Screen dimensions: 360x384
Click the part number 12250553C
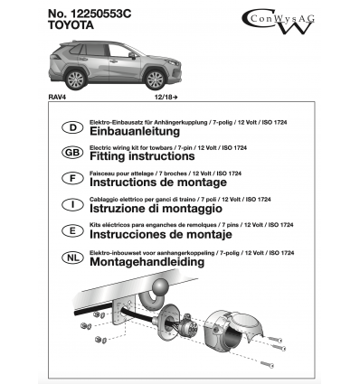click(x=101, y=14)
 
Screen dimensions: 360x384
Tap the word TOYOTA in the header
click(x=71, y=25)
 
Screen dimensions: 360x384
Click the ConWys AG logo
click(x=278, y=21)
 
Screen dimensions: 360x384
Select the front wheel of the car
click(x=156, y=80)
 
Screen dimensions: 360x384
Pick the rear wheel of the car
click(x=76, y=80)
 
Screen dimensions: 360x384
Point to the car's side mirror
click(x=132, y=55)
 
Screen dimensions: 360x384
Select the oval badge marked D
click(x=72, y=127)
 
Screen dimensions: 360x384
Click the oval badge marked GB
click(x=72, y=153)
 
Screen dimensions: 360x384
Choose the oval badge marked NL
click(x=72, y=258)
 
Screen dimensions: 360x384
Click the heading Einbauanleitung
click(x=135, y=132)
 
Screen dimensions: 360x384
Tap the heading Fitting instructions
click(x=142, y=156)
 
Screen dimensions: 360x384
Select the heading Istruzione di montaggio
click(x=156, y=209)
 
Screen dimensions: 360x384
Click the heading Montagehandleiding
click(x=147, y=262)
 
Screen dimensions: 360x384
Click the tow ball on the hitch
click(x=160, y=286)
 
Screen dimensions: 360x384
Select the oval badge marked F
click(x=72, y=178)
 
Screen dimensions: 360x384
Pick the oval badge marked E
click(x=72, y=230)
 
